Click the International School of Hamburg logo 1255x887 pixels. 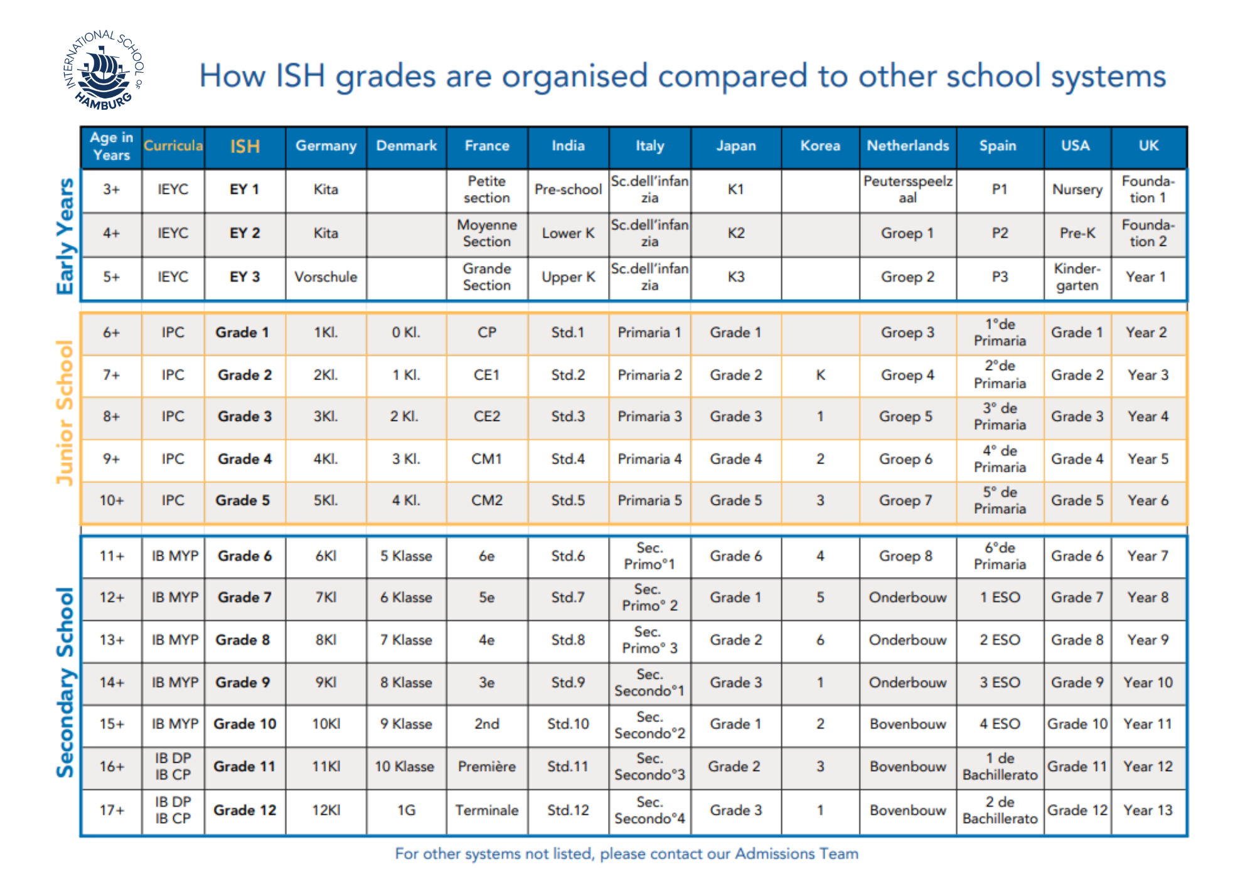coord(104,70)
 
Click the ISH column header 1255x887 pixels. coord(245,146)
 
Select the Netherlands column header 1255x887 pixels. coord(907,146)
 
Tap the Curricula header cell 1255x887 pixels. coord(173,146)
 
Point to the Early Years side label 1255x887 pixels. coord(65,236)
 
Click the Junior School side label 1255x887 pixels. coord(65,413)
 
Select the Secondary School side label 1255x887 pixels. coord(65,683)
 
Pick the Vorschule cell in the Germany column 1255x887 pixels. coord(326,277)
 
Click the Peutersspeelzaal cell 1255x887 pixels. coord(907,189)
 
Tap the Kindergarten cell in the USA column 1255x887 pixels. coord(1077,277)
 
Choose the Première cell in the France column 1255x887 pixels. coord(487,767)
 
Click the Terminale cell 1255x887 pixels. coord(487,810)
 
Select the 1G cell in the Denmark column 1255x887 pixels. coord(406,810)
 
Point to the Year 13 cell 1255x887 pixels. coord(1148,810)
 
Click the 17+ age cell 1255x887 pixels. coord(112,810)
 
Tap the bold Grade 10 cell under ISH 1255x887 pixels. coord(245,724)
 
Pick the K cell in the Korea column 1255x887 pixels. coord(820,375)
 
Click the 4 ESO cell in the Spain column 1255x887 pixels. coord(1000,724)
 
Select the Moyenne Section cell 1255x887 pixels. coord(487,233)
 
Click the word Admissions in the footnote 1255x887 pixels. coord(774,854)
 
